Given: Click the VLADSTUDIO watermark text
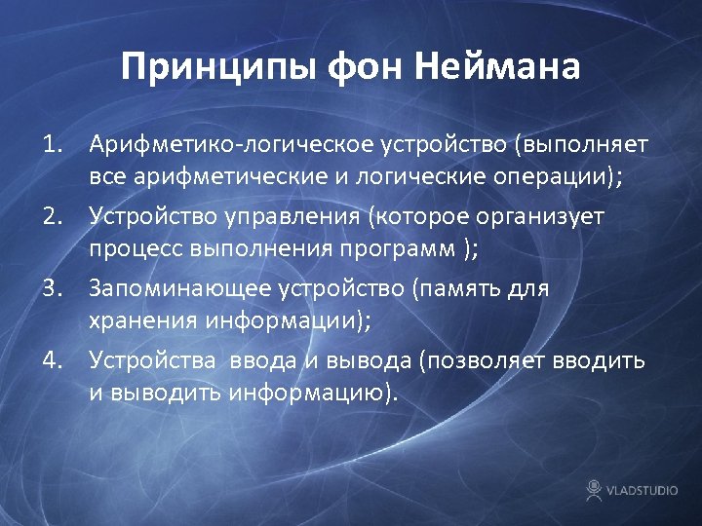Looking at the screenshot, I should (x=642, y=490).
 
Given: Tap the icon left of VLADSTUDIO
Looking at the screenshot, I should (x=593, y=489).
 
